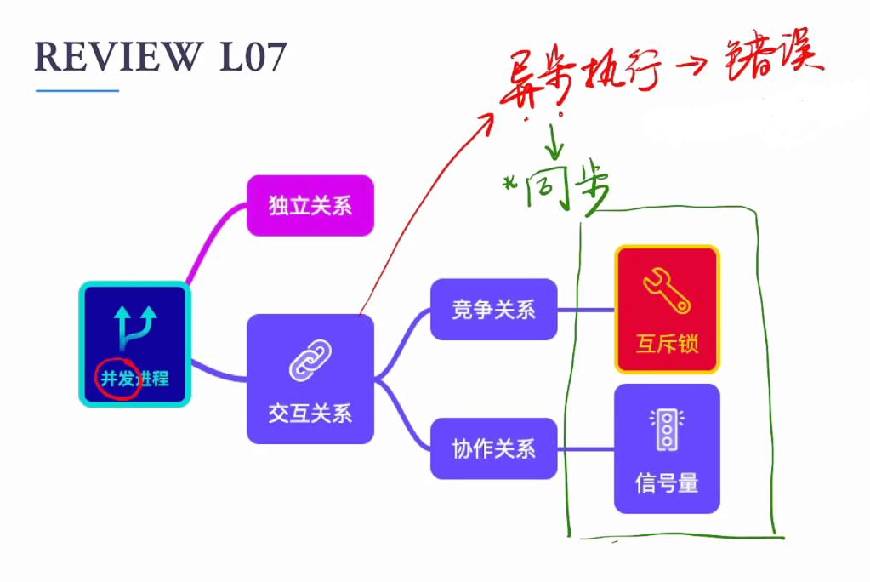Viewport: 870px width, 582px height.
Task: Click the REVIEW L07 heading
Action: click(x=161, y=57)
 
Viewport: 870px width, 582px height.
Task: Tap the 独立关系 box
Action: click(x=310, y=205)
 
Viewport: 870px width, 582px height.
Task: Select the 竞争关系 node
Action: click(x=493, y=309)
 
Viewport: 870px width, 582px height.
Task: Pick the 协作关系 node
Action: click(x=493, y=448)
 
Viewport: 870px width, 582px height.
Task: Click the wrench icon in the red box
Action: click(x=667, y=289)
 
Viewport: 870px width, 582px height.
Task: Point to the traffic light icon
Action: click(x=667, y=428)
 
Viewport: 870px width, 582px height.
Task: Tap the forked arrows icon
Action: click(x=135, y=328)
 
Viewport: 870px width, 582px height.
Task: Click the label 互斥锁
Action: click(x=667, y=345)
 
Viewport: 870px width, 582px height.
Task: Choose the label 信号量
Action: click(x=667, y=483)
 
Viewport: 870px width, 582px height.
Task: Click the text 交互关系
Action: click(x=310, y=414)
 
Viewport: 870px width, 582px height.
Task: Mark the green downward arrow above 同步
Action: click(x=554, y=140)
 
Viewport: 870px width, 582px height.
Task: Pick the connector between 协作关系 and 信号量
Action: click(x=586, y=448)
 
